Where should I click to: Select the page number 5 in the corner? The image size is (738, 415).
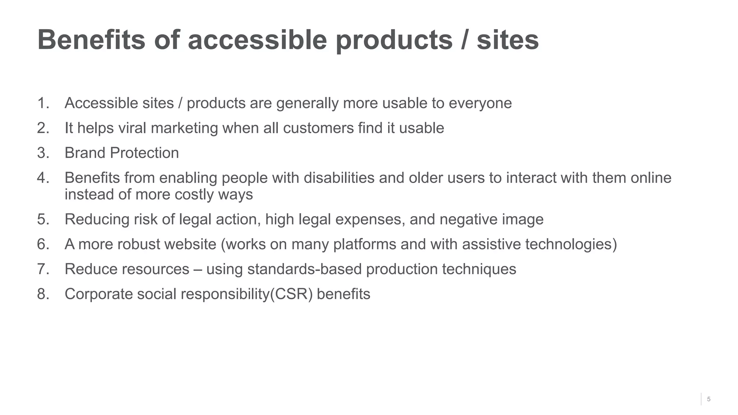[x=708, y=399]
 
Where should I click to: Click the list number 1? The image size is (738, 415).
[x=43, y=103]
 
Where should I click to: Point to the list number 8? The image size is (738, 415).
[x=43, y=294]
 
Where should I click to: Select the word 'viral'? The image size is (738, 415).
[x=132, y=128]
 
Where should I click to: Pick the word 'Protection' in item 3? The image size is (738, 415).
[x=145, y=153]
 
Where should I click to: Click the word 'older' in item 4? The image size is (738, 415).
[x=426, y=178]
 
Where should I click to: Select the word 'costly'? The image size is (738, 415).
[x=194, y=195]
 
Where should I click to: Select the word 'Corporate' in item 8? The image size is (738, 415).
[x=98, y=294]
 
